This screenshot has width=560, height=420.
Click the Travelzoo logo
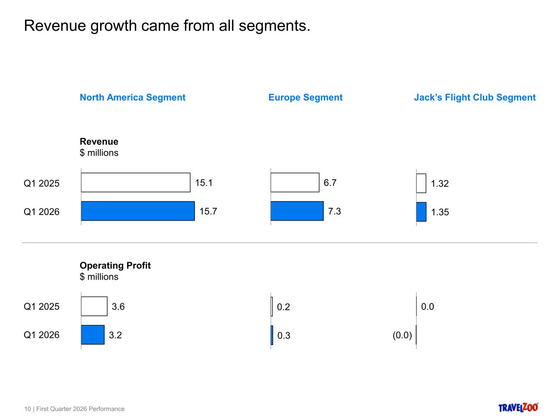pos(518,407)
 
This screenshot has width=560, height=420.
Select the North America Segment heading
pos(133,98)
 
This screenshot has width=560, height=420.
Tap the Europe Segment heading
pos(305,98)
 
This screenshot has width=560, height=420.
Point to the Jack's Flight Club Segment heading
pos(475,98)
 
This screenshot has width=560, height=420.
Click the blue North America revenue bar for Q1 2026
pos(138,211)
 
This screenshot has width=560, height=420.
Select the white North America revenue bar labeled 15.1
pos(135,183)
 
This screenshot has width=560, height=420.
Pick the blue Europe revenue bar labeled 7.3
pos(297,211)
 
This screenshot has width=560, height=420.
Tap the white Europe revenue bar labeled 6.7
pos(295,183)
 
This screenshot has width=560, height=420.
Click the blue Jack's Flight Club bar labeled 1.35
pos(421,212)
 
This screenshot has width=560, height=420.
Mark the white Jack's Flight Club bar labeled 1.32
pos(421,183)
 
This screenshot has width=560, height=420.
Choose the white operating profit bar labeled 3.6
pos(94,306)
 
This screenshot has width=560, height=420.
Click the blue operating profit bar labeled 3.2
pos(93,335)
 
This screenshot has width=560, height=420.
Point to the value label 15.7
pos(208,212)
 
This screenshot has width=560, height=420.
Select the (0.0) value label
pos(402,336)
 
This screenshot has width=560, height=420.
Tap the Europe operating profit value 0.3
pos(283,336)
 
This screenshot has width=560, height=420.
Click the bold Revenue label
pos(99,142)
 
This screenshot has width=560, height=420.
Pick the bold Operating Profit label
pos(115,266)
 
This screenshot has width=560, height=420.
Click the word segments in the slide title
pos(274,26)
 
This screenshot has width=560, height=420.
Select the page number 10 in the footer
pos(27,409)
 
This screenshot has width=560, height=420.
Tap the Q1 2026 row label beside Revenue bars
pos(41,212)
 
